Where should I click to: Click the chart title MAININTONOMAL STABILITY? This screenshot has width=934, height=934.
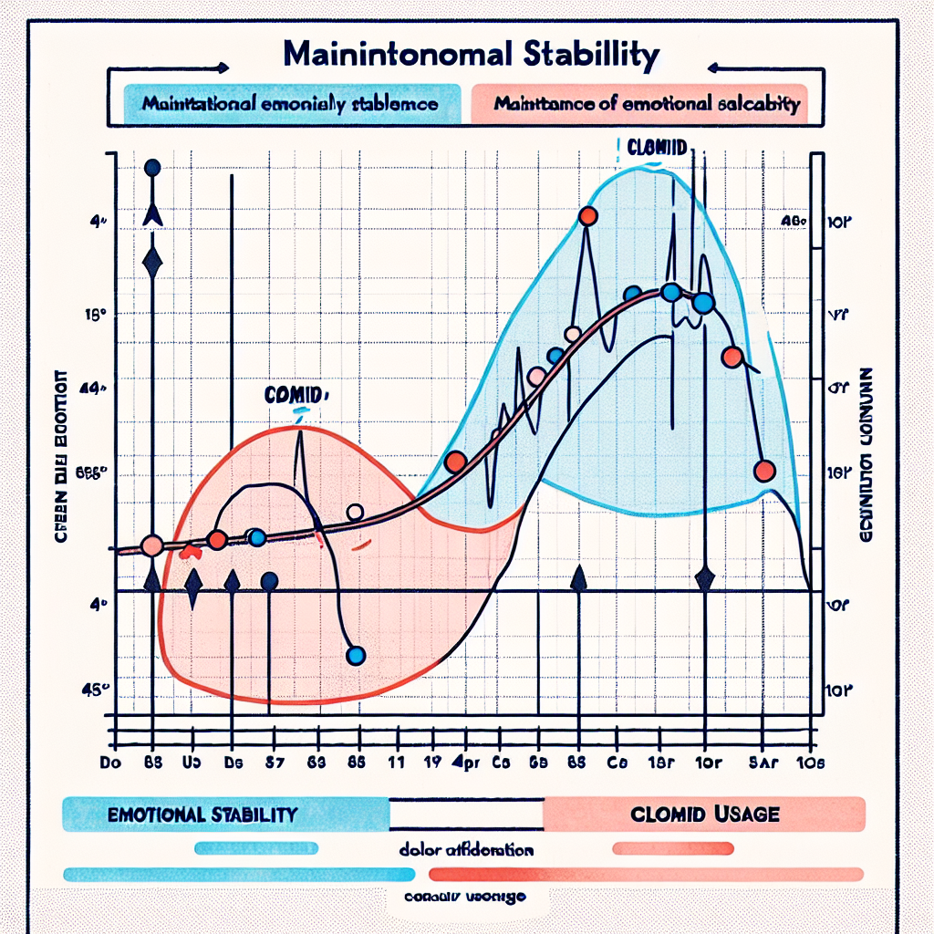coord(471,54)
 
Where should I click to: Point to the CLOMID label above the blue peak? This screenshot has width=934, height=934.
coord(658,146)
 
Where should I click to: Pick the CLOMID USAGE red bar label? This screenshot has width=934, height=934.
coord(705,813)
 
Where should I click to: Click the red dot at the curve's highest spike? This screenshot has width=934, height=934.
coord(588,216)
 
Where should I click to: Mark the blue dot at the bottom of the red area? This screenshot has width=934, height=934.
coord(357,655)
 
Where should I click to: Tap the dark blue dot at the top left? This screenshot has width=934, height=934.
coord(152,168)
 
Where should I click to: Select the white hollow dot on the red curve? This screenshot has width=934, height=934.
coord(356,512)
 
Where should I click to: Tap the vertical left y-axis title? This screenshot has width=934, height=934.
coord(65,456)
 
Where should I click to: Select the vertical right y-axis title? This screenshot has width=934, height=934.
coord(867,456)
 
